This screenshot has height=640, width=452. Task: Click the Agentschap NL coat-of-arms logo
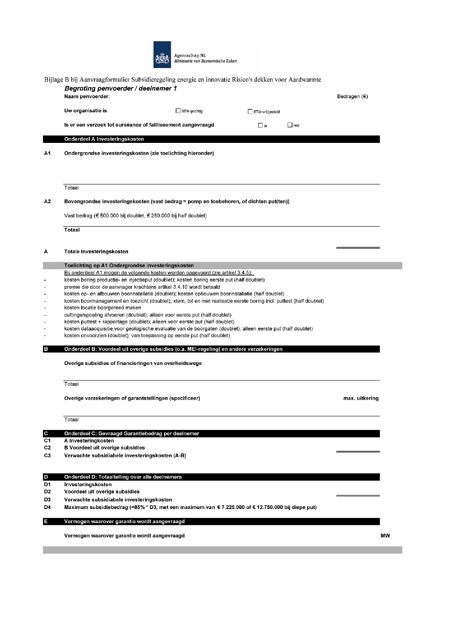[162, 54]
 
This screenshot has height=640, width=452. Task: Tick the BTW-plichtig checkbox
[178, 111]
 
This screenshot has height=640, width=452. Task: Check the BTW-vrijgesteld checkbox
[250, 112]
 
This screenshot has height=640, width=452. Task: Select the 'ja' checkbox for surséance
[260, 125]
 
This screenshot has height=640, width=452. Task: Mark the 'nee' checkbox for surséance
[290, 125]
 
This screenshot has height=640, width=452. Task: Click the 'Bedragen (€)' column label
[352, 97]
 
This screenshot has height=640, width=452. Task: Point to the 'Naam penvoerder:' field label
[87, 97]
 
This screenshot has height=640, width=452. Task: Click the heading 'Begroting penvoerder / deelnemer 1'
[120, 88]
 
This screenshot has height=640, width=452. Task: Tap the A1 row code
[47, 153]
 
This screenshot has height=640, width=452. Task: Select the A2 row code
[47, 202]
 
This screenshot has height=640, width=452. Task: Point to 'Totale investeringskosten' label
[96, 252]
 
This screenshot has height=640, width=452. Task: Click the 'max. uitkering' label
[361, 398]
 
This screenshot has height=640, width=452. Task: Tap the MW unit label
[385, 536]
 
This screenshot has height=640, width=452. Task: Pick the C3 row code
[47, 456]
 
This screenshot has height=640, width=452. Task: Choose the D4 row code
[47, 507]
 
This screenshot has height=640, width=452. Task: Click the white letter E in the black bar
[45, 521]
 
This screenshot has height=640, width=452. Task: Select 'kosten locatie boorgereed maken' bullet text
[102, 308]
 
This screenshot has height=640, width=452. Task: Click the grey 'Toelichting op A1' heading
[129, 266]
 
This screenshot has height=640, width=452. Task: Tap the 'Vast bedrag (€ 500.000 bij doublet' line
[135, 216]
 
